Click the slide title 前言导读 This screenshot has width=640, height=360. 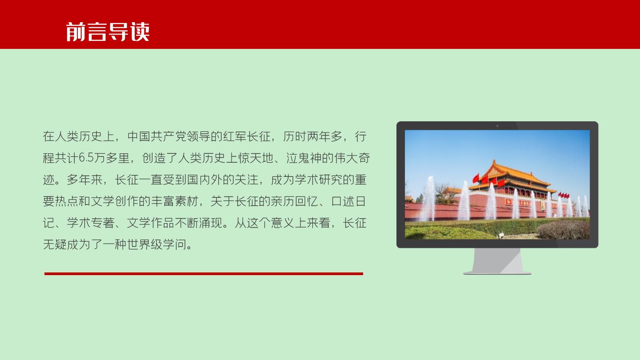coord(108,32)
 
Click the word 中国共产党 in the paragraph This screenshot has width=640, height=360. coord(157,136)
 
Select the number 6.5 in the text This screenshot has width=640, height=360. coord(86,158)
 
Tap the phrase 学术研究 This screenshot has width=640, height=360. coord(319,180)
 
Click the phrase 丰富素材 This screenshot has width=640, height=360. coord(175,201)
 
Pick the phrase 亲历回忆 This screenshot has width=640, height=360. coord(295,201)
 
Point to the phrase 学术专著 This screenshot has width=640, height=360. coord(91,223)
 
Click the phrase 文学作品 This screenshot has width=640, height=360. coord(151,223)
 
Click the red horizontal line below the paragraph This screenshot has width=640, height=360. coord(204,274)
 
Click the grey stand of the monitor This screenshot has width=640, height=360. coord(497,261)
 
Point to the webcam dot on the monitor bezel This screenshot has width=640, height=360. coord(497,126)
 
